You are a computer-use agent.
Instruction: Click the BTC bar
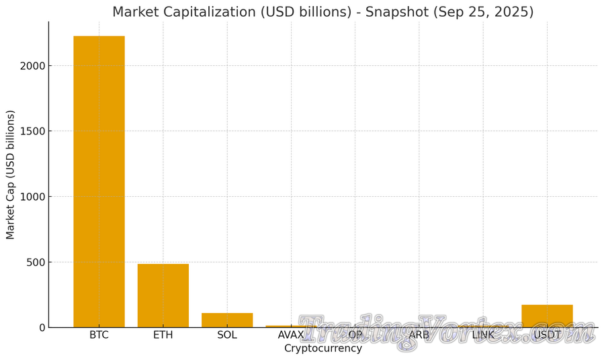point(99,181)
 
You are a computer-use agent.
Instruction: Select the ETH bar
point(163,296)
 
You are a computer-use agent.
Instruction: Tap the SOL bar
point(227,320)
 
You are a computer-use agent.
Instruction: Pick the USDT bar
point(547,316)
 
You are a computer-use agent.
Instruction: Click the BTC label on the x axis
point(99,335)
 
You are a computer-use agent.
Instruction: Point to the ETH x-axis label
point(163,335)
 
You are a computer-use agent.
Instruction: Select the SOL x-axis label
point(227,335)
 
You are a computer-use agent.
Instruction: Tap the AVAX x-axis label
point(291,335)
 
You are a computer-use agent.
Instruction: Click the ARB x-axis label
point(419,335)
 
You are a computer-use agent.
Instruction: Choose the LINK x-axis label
point(483,335)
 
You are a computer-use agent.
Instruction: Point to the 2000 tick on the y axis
point(32,66)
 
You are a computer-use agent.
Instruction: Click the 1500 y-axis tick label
point(32,131)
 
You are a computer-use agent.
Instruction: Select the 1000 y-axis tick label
point(32,197)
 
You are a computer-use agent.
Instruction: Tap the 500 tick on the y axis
point(36,262)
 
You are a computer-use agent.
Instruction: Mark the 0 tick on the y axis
point(42,328)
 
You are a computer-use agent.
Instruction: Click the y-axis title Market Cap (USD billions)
point(11,175)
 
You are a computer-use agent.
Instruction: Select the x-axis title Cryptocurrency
point(323,349)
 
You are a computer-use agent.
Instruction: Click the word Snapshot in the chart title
point(396,12)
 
